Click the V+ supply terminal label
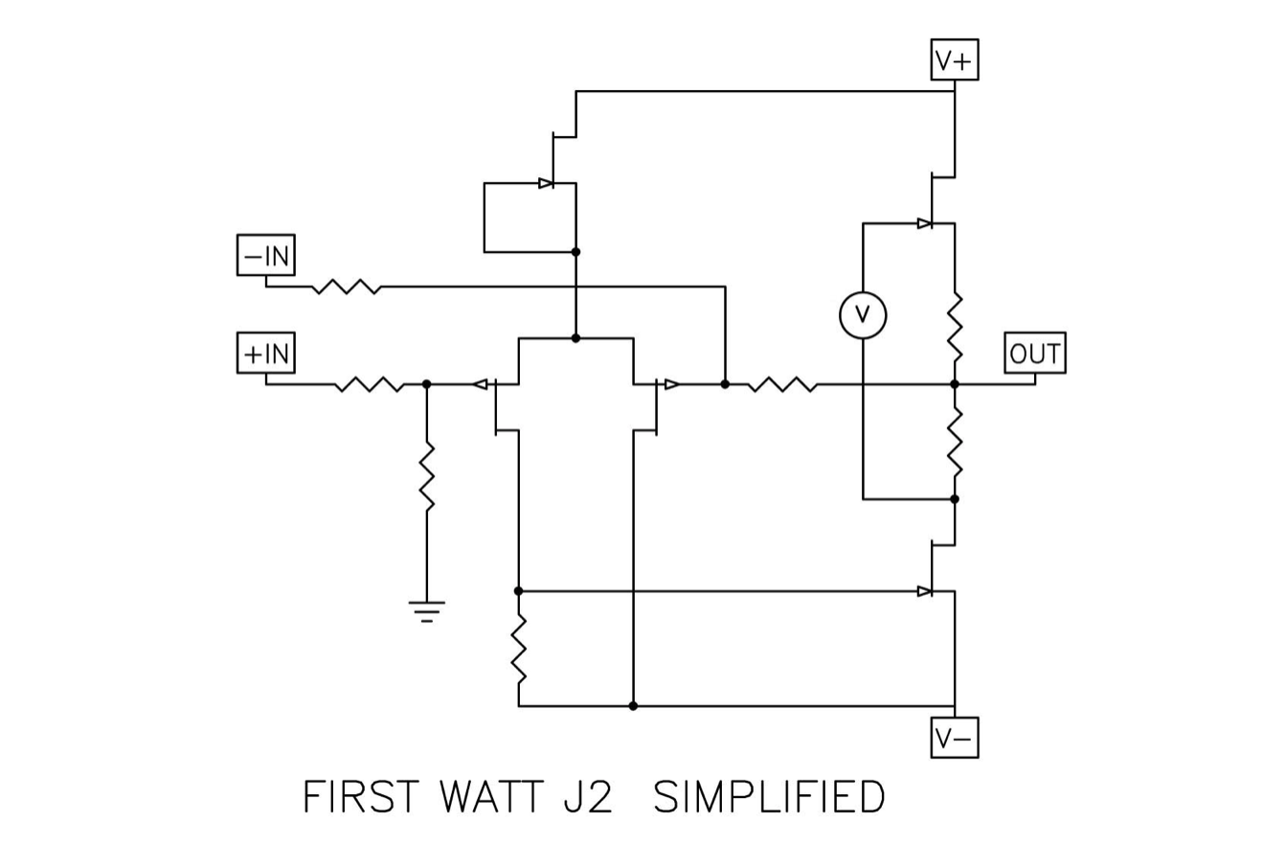coord(954,60)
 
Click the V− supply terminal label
coord(954,738)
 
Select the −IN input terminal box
coord(265,256)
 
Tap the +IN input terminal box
coord(265,354)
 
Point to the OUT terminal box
coord(1034,354)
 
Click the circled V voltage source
coord(863,315)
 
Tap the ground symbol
coord(426,610)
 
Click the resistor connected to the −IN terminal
coord(347,286)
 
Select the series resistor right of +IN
coord(369,384)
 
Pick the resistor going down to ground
coord(426,476)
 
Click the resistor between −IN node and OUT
coord(782,384)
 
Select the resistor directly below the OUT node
coord(955,441)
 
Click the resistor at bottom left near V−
coord(519,649)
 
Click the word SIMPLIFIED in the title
coord(768,797)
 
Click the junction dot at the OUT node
coord(955,384)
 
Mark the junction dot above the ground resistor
coord(426,384)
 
